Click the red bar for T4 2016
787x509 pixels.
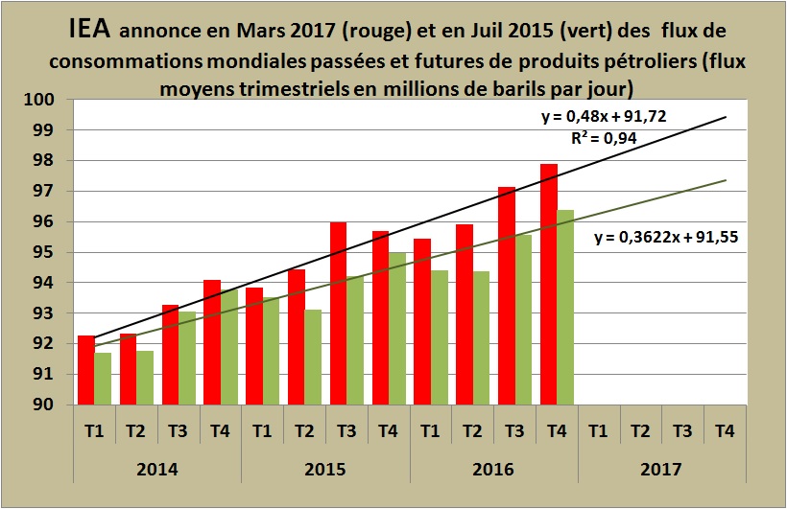tap(549, 285)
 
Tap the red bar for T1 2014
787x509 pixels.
tap(86, 370)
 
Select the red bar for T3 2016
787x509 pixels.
tap(507, 296)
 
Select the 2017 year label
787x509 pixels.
tap(661, 470)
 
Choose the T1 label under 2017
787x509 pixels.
tap(598, 430)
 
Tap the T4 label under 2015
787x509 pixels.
tap(388, 430)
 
